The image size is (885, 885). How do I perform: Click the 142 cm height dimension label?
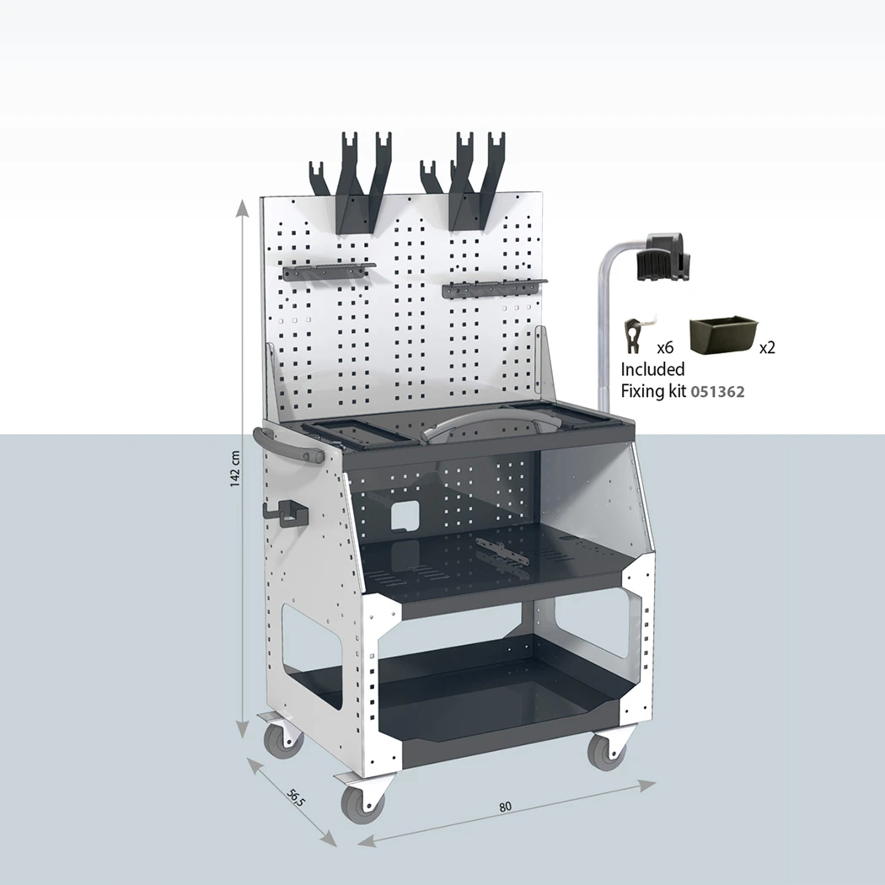coord(236,469)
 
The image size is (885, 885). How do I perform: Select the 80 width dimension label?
coord(505,807)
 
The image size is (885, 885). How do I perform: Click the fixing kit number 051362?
coord(717,391)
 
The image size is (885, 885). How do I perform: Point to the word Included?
coord(652,369)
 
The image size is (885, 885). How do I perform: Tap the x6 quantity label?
coord(666,346)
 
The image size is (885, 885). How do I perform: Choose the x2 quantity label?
coord(767,347)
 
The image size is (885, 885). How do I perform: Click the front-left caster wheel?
coord(362,802)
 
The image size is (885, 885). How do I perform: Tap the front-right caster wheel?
coord(607,750)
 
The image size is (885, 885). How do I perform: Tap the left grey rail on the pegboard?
coord(328,271)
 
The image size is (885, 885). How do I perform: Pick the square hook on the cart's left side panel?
coord(285,513)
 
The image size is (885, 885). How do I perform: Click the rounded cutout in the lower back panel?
coord(405,517)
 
